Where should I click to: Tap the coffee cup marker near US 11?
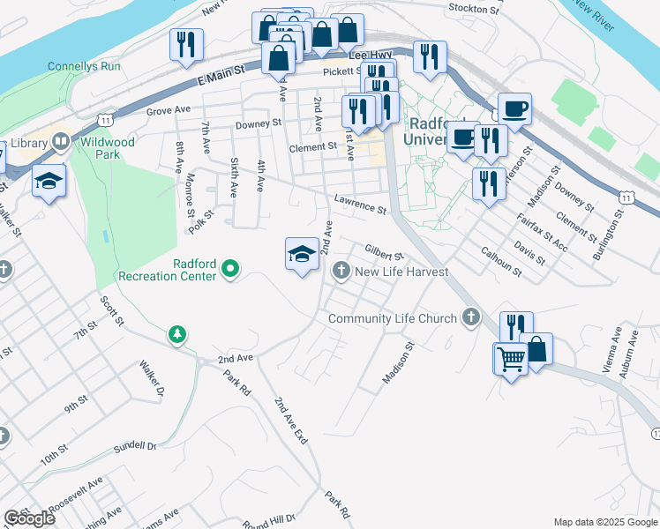click(514, 109)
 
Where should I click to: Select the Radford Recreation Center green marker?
click(231, 267)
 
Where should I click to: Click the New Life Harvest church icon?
click(341, 272)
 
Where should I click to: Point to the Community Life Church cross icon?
click(471, 318)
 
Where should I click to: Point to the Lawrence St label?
click(360, 205)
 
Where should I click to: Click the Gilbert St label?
click(384, 252)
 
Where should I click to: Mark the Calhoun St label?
click(501, 262)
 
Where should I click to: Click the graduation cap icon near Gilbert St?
click(302, 254)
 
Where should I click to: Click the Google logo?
click(29, 518)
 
